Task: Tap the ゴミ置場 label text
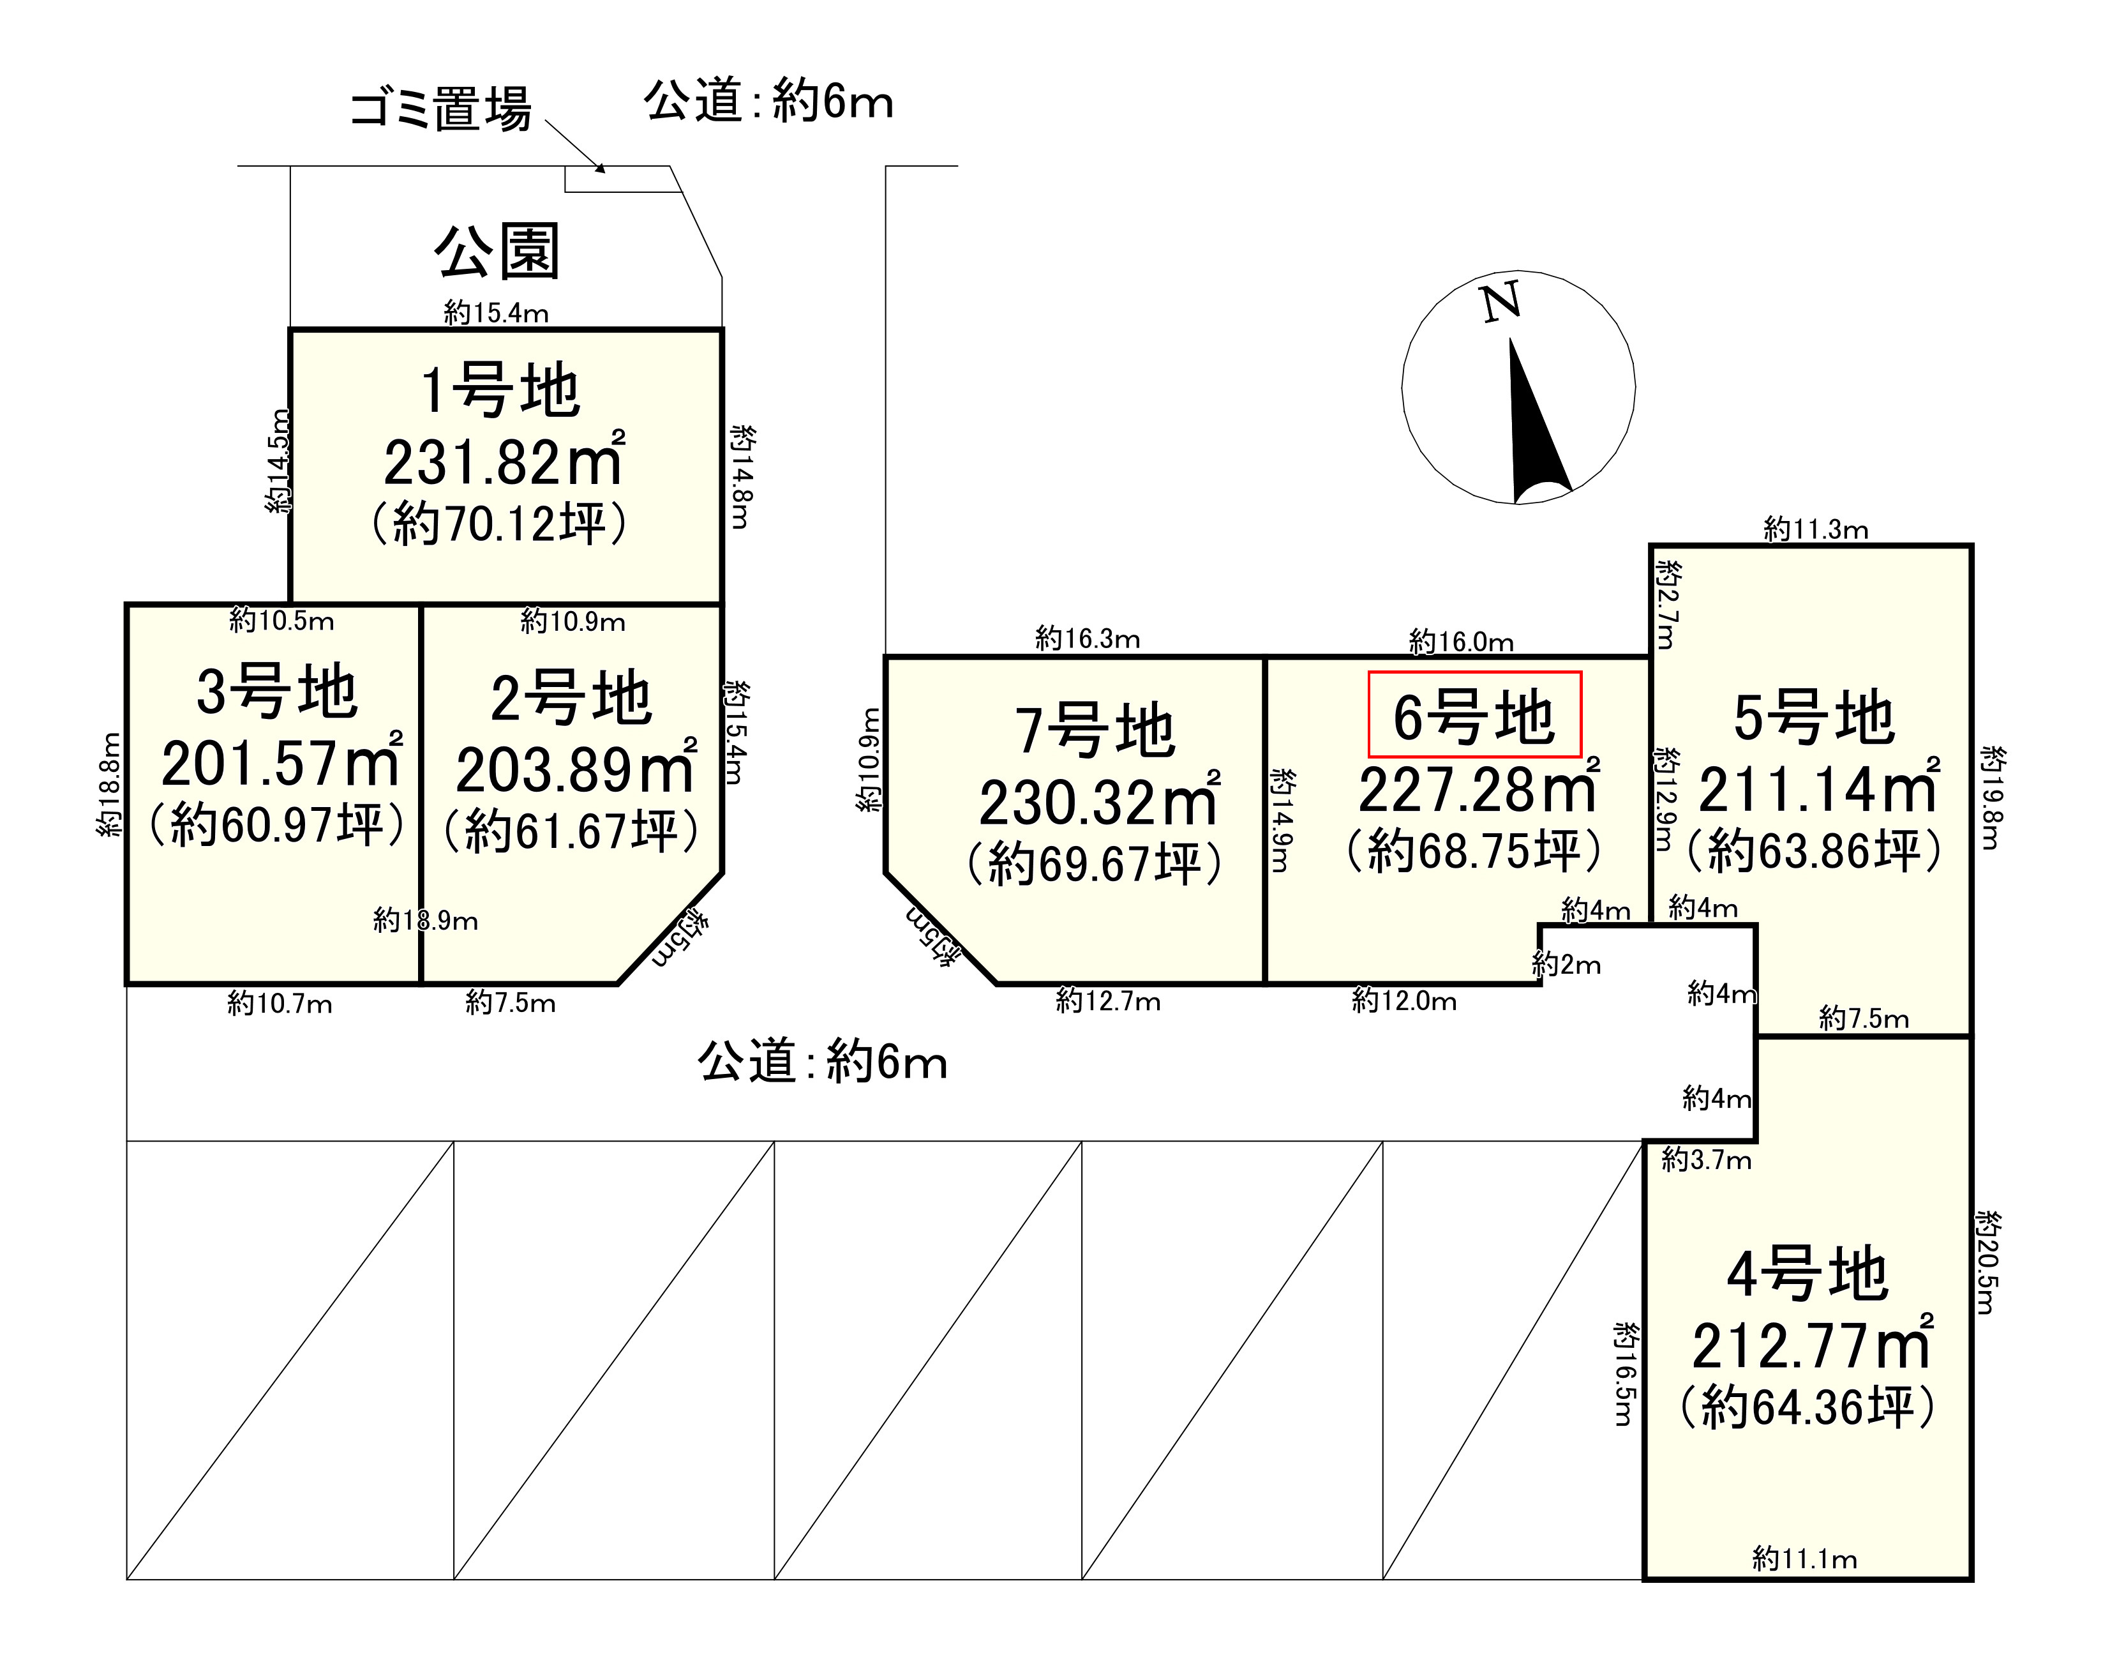pyautogui.click(x=441, y=109)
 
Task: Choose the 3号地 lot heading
pyautogui.click(x=277, y=692)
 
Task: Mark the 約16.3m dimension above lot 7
pyautogui.click(x=1087, y=639)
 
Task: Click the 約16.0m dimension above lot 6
pyautogui.click(x=1461, y=642)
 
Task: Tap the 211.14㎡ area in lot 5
pyautogui.click(x=1818, y=790)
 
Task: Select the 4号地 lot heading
pyautogui.click(x=1807, y=1274)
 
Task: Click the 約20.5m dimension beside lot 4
pyautogui.click(x=1986, y=1262)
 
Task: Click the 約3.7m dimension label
pyautogui.click(x=1706, y=1160)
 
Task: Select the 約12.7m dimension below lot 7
pyautogui.click(x=1108, y=1001)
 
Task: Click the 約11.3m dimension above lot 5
pyautogui.click(x=1815, y=529)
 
